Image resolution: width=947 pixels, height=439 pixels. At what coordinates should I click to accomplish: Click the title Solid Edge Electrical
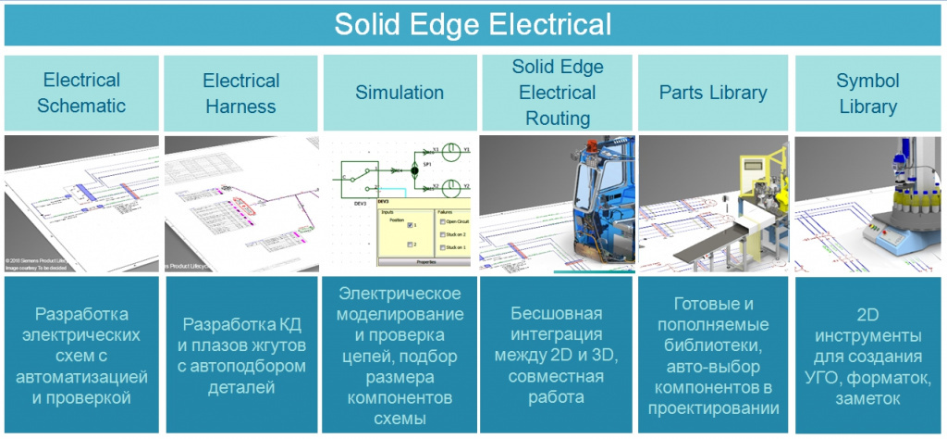[473, 23]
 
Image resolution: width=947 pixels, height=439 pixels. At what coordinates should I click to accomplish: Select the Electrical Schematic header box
[81, 93]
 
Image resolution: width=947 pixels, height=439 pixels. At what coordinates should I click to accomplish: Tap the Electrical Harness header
[240, 93]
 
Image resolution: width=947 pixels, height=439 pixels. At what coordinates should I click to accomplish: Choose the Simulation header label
[400, 93]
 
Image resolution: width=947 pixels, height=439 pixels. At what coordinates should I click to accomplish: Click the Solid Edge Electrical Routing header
[558, 93]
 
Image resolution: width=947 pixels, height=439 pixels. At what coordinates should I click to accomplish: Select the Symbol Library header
[867, 93]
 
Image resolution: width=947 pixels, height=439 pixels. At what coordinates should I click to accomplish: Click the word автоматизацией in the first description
[81, 377]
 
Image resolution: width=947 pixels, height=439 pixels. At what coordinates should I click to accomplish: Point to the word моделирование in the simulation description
[400, 317]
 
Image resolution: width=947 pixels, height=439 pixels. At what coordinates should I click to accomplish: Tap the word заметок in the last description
[867, 400]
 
